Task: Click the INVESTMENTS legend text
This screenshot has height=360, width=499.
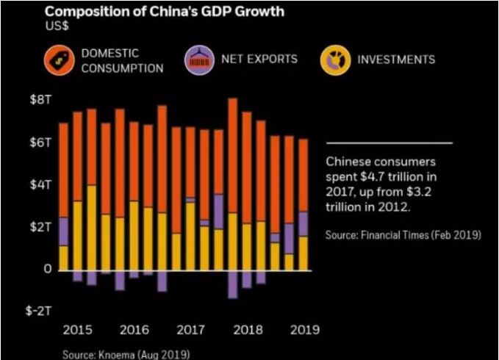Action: (x=396, y=60)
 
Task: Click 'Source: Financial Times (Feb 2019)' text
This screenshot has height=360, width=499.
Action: (x=403, y=235)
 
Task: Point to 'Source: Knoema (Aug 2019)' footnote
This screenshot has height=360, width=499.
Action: (x=126, y=354)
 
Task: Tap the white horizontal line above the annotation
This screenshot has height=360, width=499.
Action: (x=389, y=143)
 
